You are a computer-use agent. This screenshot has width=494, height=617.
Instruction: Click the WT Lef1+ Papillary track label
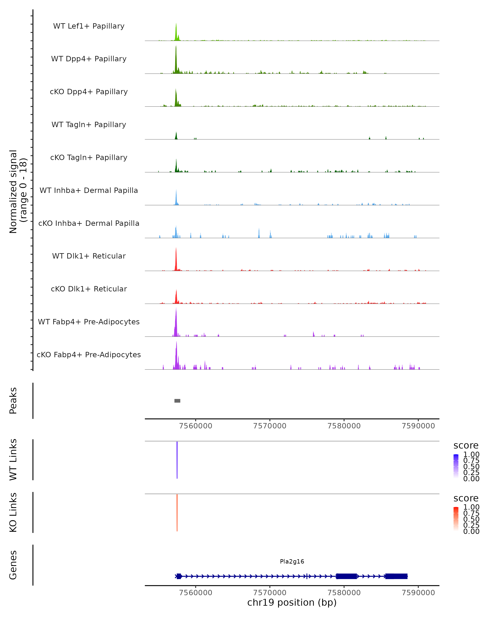coord(89,26)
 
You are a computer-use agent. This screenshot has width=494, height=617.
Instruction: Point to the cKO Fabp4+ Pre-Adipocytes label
coord(89,355)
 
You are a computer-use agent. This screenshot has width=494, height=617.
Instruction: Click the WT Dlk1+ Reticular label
coord(89,256)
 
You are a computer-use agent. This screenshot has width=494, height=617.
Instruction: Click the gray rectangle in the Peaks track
coord(177,401)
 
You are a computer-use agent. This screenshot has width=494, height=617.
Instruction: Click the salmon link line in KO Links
coord(177,512)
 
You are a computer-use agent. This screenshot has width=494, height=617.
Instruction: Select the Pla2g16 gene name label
coord(292,561)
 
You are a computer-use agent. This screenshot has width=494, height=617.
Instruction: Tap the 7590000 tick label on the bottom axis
coord(418,593)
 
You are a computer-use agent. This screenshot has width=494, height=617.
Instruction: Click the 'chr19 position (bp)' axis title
coord(292,603)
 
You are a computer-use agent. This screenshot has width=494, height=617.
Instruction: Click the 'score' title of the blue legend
coord(466,446)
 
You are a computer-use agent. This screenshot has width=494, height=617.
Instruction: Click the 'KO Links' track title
coord(13,512)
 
